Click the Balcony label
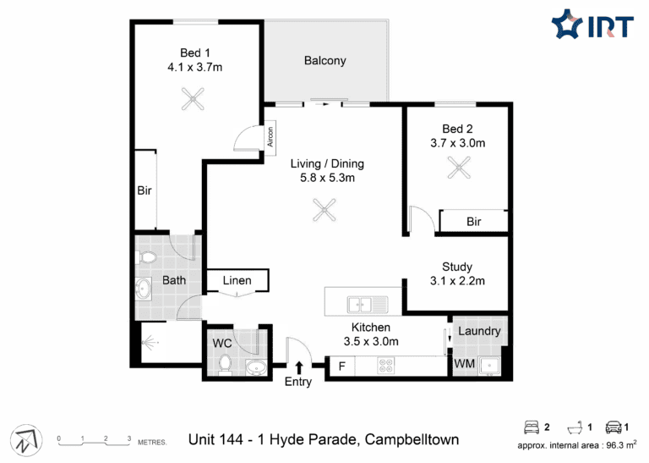[x=324, y=60]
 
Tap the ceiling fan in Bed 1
[x=193, y=99]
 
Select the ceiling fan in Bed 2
[x=459, y=168]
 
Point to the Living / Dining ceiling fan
[x=324, y=210]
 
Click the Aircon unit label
[x=270, y=137]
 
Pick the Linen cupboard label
[x=237, y=281]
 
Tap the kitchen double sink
[x=368, y=305]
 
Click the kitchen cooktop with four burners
[x=386, y=366]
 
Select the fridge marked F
[x=342, y=367]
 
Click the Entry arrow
[x=299, y=368]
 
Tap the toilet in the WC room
[x=225, y=365]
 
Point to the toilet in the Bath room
[x=146, y=257]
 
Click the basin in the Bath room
[x=144, y=288]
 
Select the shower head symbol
[x=150, y=343]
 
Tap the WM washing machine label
[x=465, y=364]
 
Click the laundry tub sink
[x=489, y=366]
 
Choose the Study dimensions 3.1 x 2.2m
[x=457, y=281]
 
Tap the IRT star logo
[x=567, y=24]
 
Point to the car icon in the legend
[x=614, y=427]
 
